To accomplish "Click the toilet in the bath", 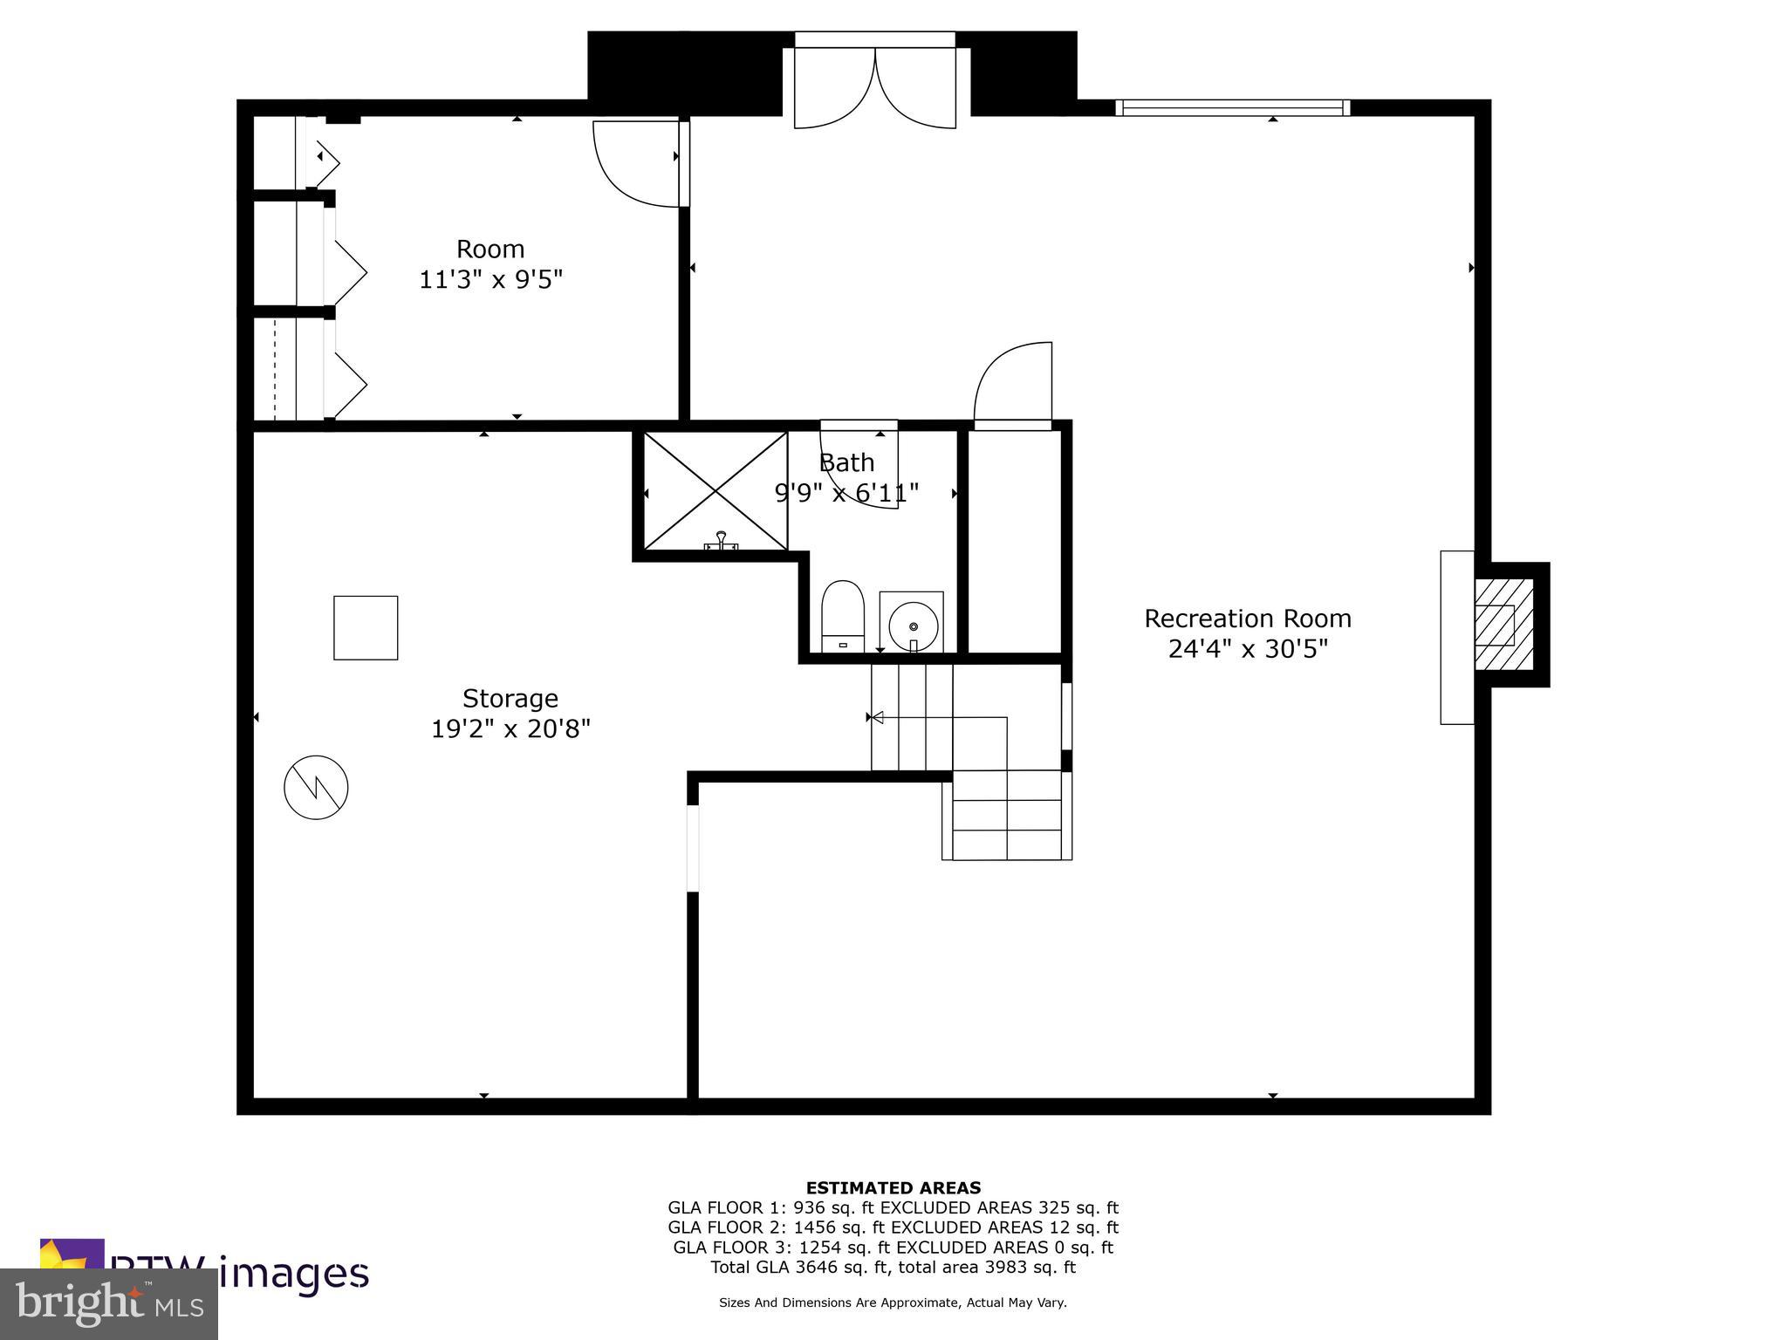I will click(x=842, y=615).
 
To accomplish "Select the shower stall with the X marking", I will click(x=715, y=492).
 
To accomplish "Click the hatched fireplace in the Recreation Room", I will click(x=1503, y=624).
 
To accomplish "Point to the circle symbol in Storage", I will click(x=316, y=787).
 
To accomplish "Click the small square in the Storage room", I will click(x=366, y=627).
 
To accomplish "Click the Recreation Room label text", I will click(x=1247, y=619).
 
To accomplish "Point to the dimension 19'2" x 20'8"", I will click(x=510, y=728).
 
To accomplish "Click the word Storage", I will click(x=510, y=698).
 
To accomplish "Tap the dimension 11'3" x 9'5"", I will click(x=490, y=280).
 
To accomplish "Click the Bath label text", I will click(x=846, y=462).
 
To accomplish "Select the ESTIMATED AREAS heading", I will click(x=893, y=1187).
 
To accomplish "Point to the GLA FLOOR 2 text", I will click(x=728, y=1227).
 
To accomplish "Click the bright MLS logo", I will click(x=108, y=1303).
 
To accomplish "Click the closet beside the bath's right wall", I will click(x=1015, y=541).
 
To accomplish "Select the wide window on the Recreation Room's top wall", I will click(x=1232, y=108).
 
